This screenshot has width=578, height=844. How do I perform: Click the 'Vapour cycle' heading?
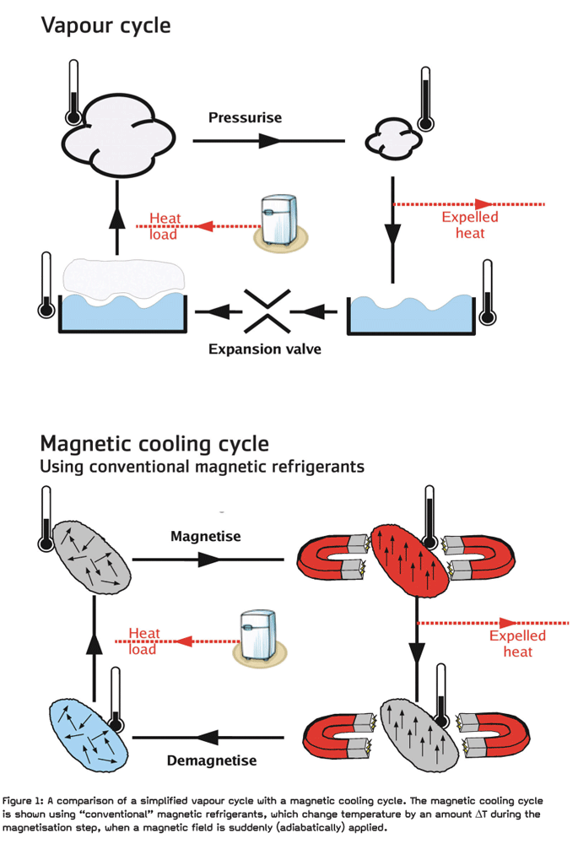click(105, 25)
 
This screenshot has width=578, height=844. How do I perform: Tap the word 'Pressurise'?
click(246, 117)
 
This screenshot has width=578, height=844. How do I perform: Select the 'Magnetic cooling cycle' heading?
click(154, 442)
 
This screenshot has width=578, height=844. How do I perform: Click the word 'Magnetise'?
click(206, 536)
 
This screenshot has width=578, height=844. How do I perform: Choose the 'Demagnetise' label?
click(212, 760)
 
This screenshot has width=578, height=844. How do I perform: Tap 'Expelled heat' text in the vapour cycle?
click(470, 225)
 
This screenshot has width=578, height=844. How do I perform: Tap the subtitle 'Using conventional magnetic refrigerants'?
click(203, 466)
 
